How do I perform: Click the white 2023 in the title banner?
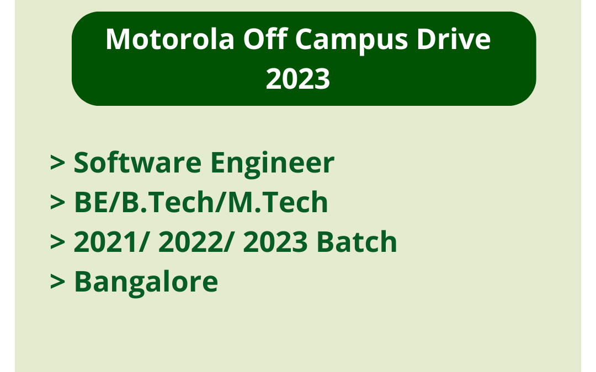pos(298,79)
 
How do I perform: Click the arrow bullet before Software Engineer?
pos(58,164)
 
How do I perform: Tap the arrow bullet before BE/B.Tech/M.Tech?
pos(58,203)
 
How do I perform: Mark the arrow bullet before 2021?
pos(58,243)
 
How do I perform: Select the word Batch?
pos(356,242)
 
